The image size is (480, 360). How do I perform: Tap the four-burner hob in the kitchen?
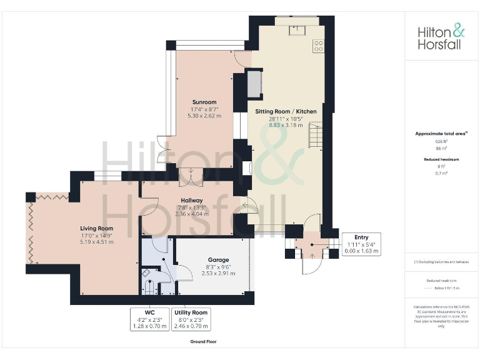click(x=318, y=45)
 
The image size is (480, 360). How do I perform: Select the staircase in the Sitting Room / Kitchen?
click(x=315, y=135)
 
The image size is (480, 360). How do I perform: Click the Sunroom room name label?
click(x=204, y=102)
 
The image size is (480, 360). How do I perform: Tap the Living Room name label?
click(x=97, y=228)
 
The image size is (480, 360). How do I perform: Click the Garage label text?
click(x=218, y=259)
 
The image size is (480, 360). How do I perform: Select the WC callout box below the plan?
click(x=149, y=319)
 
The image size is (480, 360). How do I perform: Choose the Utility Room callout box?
click(x=191, y=319)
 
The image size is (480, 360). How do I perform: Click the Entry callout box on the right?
click(x=361, y=244)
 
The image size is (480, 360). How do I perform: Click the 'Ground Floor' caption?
click(x=203, y=342)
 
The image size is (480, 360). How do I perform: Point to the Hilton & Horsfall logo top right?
click(x=441, y=37)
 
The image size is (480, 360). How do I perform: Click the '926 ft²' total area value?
click(x=441, y=142)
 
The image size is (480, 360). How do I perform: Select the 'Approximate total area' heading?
click(x=441, y=133)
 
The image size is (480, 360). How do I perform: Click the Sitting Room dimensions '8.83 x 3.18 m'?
click(x=285, y=125)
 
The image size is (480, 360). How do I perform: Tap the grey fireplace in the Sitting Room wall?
click(x=255, y=84)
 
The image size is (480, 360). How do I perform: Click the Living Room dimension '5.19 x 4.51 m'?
click(x=97, y=241)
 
